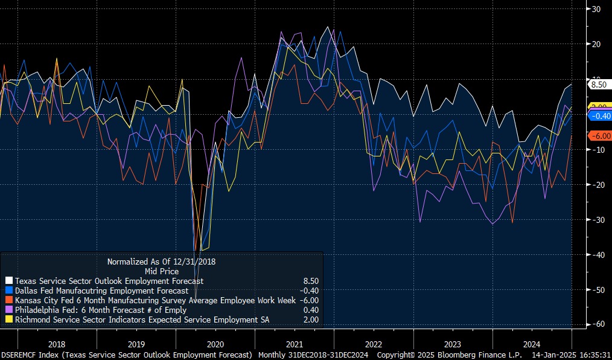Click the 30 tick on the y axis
point(596,9)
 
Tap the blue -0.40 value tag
point(600,116)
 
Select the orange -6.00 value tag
point(600,136)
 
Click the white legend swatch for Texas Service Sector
point(8,281)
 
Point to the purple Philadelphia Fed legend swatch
point(8,310)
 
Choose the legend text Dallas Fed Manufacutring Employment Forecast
point(101,291)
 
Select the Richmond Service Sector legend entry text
point(142,320)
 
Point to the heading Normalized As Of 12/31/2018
point(161,262)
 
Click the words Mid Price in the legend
point(161,271)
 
